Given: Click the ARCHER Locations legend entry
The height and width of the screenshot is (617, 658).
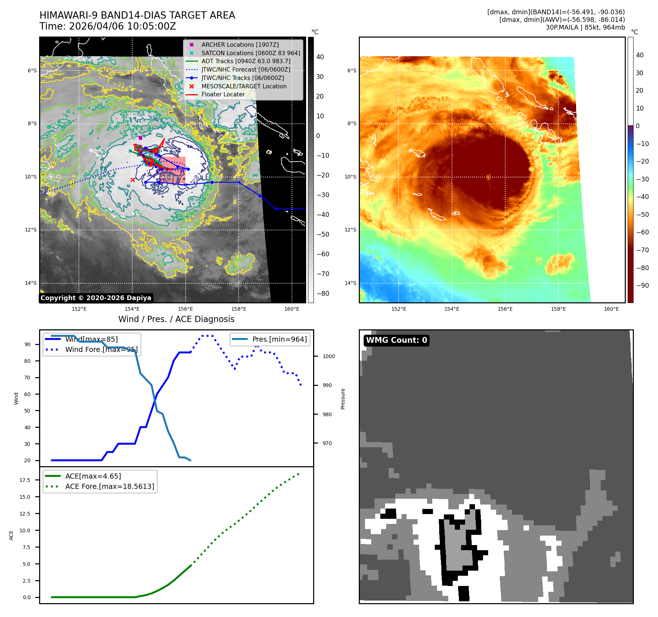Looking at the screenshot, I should (x=240, y=45).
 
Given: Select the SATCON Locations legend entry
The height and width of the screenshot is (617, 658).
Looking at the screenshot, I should (x=251, y=53).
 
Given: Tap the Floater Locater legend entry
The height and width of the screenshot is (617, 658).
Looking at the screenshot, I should (x=223, y=94).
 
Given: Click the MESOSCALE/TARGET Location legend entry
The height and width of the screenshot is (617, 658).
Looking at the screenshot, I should (x=244, y=86).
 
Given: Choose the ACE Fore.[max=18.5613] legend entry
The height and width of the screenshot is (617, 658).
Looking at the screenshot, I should (x=110, y=486).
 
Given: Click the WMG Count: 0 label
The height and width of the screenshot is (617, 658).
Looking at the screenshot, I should (x=396, y=340).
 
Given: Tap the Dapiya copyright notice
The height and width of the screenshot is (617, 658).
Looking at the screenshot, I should (x=96, y=298).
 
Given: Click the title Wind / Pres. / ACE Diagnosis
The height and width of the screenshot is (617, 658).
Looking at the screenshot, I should (x=176, y=319).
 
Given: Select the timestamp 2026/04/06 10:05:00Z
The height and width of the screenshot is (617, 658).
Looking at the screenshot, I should (x=122, y=26).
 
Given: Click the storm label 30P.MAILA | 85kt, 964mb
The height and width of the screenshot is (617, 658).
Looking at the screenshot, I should (x=585, y=27).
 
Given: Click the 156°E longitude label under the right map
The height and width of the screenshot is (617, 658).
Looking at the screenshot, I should (x=505, y=309).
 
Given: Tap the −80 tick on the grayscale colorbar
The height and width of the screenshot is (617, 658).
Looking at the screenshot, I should (x=323, y=294).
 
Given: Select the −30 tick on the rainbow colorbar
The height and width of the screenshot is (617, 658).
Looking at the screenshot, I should (x=642, y=179).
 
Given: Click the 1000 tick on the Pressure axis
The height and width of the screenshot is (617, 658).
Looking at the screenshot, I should (x=328, y=356).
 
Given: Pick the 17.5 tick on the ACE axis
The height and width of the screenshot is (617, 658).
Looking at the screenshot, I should (x=25, y=480).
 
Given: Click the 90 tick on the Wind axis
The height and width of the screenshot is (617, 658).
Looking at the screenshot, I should (x=27, y=344).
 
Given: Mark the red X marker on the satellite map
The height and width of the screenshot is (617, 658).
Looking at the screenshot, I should (x=133, y=180).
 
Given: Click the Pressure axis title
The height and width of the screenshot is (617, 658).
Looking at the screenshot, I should (x=343, y=399).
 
